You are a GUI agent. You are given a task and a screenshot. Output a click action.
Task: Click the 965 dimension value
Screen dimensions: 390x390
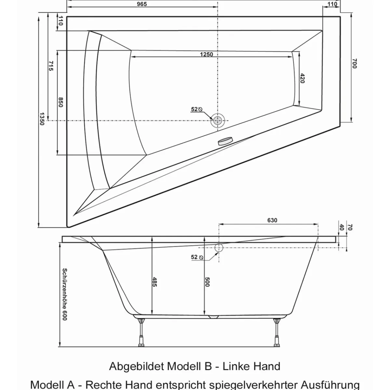click(x=142, y=4)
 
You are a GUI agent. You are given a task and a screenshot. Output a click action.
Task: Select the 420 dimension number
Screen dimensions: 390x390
click(x=302, y=78)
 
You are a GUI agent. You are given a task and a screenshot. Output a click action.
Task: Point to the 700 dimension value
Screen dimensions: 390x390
click(x=354, y=63)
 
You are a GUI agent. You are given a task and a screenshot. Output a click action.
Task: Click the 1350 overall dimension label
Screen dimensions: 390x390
click(x=42, y=119)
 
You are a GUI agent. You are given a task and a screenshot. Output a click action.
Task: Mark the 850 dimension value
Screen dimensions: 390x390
click(x=60, y=102)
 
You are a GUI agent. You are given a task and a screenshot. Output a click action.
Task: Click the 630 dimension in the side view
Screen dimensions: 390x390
click(x=272, y=220)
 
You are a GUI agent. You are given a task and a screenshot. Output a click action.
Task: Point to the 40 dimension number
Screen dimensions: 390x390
click(x=341, y=227)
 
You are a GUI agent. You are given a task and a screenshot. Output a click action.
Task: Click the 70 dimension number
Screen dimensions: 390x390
click(x=350, y=227)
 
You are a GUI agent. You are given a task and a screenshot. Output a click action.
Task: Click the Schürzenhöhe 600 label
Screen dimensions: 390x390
click(x=65, y=294)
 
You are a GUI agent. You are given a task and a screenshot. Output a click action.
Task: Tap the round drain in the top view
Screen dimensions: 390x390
click(x=218, y=121)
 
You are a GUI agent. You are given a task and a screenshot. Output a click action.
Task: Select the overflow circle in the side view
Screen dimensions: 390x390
click(x=219, y=248)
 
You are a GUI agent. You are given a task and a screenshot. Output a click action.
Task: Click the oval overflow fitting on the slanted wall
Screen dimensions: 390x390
click(x=225, y=141)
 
